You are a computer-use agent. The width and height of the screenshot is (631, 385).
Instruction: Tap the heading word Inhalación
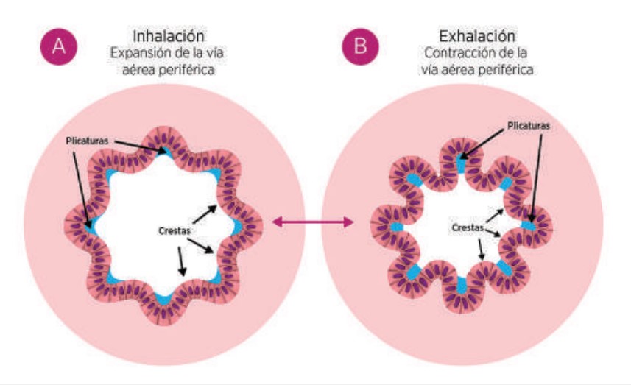click(x=168, y=35)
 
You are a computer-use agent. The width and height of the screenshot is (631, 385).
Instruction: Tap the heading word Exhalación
click(x=477, y=35)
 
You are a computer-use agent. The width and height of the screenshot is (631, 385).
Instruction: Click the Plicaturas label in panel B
click(x=528, y=126)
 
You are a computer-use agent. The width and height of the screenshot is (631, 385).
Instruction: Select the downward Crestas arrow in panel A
click(x=181, y=262)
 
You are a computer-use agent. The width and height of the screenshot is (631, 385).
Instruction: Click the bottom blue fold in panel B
click(x=462, y=283)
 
